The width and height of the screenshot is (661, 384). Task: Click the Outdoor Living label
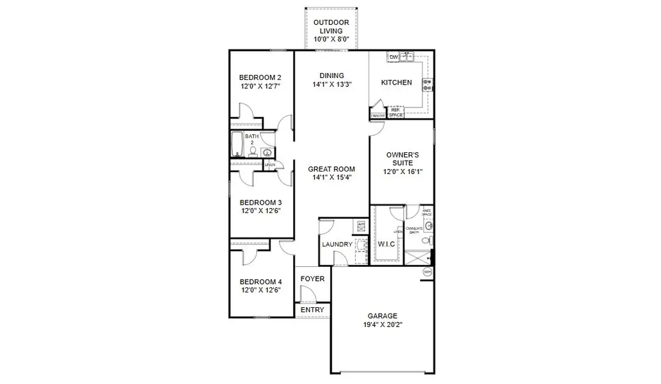(331, 26)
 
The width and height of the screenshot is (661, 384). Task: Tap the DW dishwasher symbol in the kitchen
(394, 58)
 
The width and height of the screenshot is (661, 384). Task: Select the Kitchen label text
(396, 83)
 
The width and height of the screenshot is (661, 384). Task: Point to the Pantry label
(378, 116)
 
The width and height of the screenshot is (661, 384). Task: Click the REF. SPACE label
(396, 113)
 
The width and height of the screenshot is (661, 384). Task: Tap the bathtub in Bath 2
(237, 144)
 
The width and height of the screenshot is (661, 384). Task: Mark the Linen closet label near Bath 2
(270, 165)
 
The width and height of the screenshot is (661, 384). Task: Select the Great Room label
(331, 169)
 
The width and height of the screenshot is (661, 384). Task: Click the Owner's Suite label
(403, 159)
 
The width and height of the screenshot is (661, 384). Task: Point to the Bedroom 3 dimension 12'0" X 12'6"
(261, 211)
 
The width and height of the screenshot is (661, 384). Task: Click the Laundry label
(337, 244)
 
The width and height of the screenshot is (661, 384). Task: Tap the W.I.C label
(386, 244)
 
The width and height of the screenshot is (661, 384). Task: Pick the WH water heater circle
(427, 272)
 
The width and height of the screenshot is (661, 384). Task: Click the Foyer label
(312, 279)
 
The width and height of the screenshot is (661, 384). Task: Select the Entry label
(312, 310)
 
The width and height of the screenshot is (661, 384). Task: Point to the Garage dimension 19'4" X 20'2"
(382, 324)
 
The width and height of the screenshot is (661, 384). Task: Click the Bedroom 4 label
(260, 282)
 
